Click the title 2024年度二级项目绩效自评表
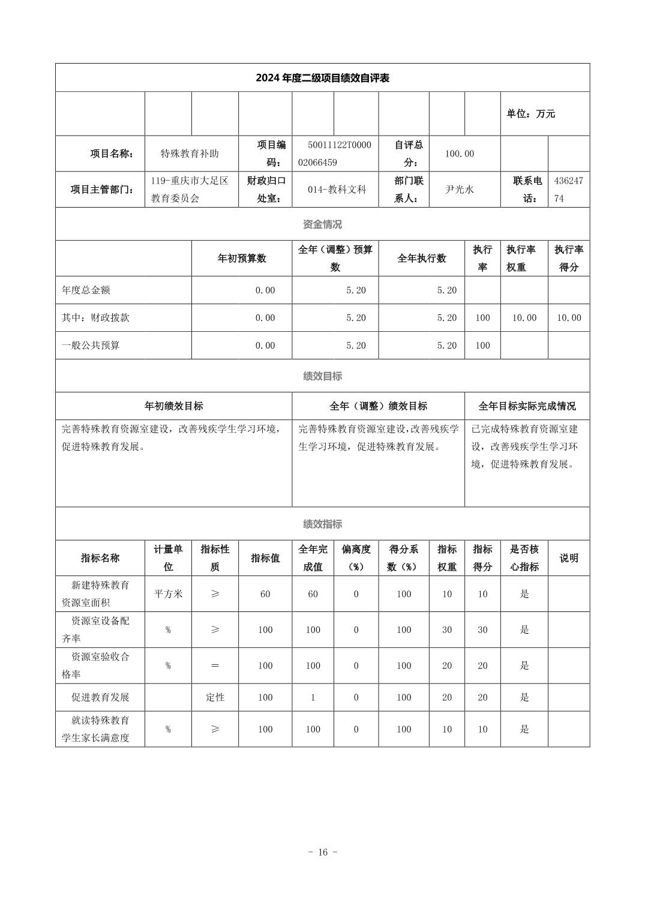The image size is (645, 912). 322,78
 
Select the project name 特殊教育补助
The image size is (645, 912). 190,154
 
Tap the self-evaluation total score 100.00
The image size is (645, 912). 459,154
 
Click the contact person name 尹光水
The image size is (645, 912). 459,190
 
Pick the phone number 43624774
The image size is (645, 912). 568,190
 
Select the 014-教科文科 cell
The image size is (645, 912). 336,190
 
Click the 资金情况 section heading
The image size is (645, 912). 322,224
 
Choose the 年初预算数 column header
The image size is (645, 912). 242,259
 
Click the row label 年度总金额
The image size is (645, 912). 86,290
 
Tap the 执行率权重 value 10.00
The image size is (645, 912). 524,318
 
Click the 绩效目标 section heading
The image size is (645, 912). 322,376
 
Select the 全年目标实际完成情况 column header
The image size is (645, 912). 527,406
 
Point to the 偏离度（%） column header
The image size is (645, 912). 356,558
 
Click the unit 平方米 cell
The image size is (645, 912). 168,594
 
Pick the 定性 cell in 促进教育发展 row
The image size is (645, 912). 215,697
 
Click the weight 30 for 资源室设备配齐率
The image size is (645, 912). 447,630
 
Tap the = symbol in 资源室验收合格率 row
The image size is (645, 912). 215,666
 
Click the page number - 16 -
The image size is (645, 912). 322,852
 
